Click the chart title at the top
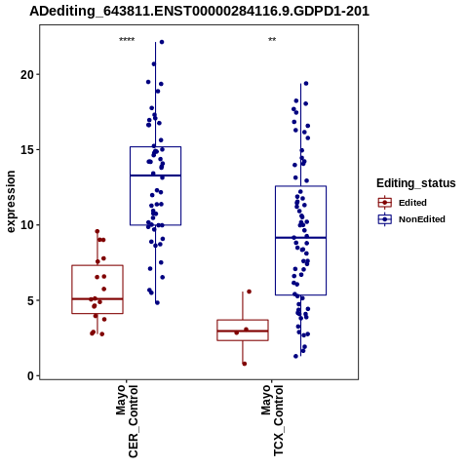(x=199, y=11)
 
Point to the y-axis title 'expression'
(x=11, y=202)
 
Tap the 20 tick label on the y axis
(x=27, y=74)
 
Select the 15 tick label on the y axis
(x=27, y=150)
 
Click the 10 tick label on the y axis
(x=27, y=225)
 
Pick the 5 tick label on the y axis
(x=30, y=300)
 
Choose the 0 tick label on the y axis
(x=30, y=376)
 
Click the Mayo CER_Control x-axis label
(x=127, y=421)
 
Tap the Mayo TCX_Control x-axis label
(x=272, y=420)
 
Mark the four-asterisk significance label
(x=127, y=40)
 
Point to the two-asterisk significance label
(x=272, y=40)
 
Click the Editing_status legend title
(x=416, y=183)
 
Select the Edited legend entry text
(x=412, y=203)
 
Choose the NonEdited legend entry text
(x=422, y=219)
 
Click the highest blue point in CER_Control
(x=162, y=42)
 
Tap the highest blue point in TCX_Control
(x=306, y=84)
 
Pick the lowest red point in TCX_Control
(x=245, y=364)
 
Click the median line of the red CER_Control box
(x=97, y=298)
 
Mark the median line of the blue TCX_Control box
(x=301, y=238)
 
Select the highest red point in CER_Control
(x=97, y=231)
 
